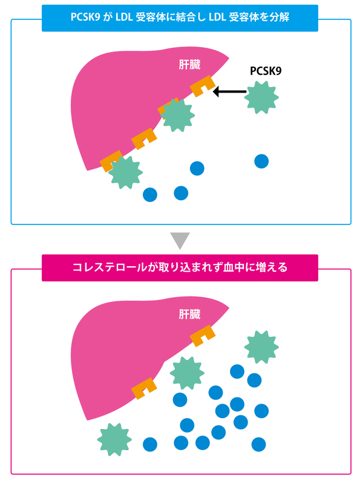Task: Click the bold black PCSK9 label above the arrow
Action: coord(266,71)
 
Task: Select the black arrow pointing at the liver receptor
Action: coord(230,92)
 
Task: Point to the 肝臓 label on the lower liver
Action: coord(189,314)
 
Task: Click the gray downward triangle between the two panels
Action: coord(180,240)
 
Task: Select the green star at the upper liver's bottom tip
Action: coord(125,171)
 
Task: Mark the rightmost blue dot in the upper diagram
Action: coord(261,161)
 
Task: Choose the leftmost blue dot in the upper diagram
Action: coord(149,194)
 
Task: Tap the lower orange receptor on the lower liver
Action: coord(145,388)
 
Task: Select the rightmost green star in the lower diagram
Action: coord(261,348)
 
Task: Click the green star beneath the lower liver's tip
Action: coord(114,440)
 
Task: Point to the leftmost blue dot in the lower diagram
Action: coord(149,444)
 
